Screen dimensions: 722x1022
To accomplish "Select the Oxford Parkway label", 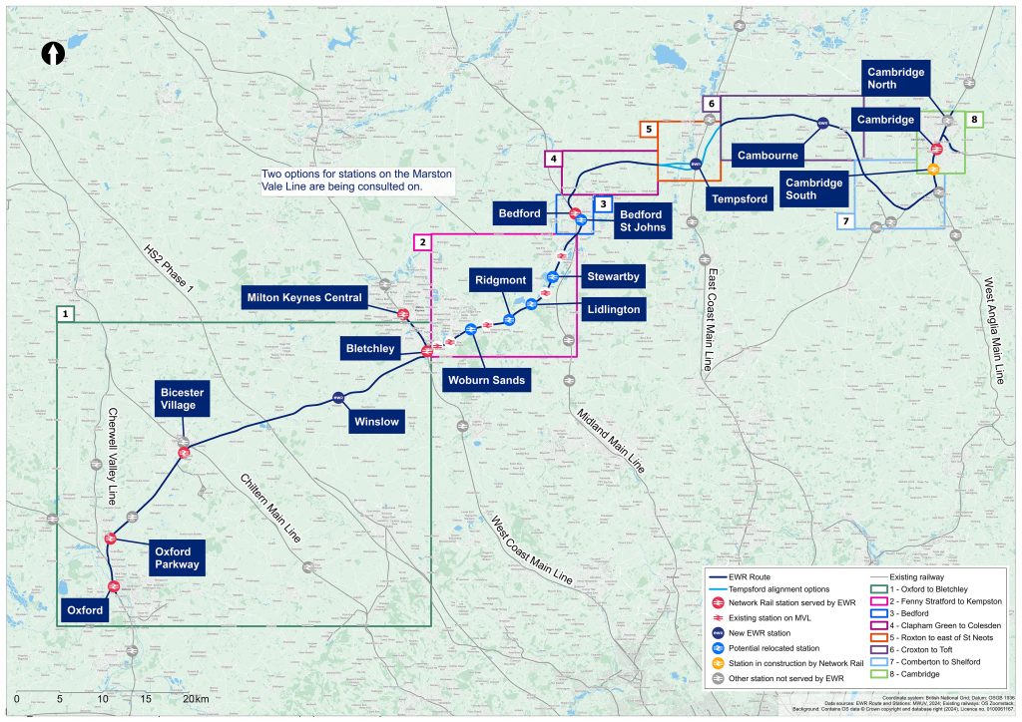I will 177,557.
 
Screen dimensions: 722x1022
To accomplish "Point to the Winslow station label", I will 375,422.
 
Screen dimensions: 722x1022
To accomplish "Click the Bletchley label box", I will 368,348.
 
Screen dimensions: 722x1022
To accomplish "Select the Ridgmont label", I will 499,280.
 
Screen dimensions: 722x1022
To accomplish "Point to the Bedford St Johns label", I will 640,220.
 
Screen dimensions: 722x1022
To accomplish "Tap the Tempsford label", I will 740,198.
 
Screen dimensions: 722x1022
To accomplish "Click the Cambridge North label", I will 895,78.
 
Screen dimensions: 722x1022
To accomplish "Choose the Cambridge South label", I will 813,188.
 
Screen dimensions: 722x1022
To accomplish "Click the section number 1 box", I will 65,313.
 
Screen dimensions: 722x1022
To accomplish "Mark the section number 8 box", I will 974,120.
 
